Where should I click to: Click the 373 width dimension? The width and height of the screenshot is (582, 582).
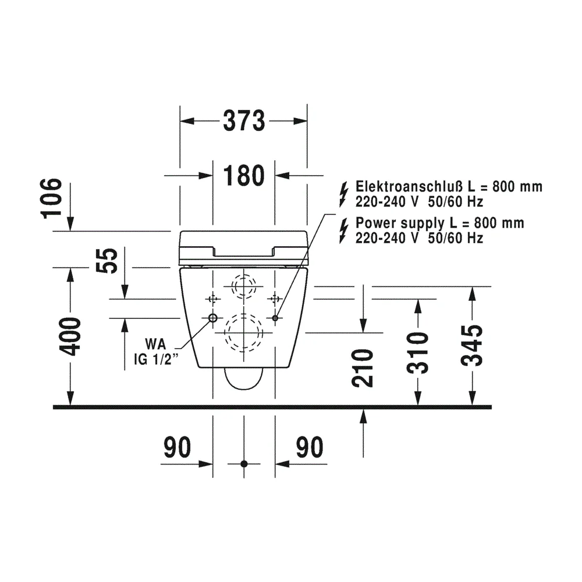(244, 121)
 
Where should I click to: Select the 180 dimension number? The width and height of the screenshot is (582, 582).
(244, 176)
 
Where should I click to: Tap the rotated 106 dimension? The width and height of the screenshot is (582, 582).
(51, 198)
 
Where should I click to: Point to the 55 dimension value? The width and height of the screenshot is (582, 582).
(107, 261)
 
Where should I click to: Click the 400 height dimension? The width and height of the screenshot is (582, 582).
(70, 336)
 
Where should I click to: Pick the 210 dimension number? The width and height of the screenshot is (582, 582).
(362, 368)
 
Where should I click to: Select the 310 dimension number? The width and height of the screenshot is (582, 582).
(417, 353)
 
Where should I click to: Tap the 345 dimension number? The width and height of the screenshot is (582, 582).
(472, 346)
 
